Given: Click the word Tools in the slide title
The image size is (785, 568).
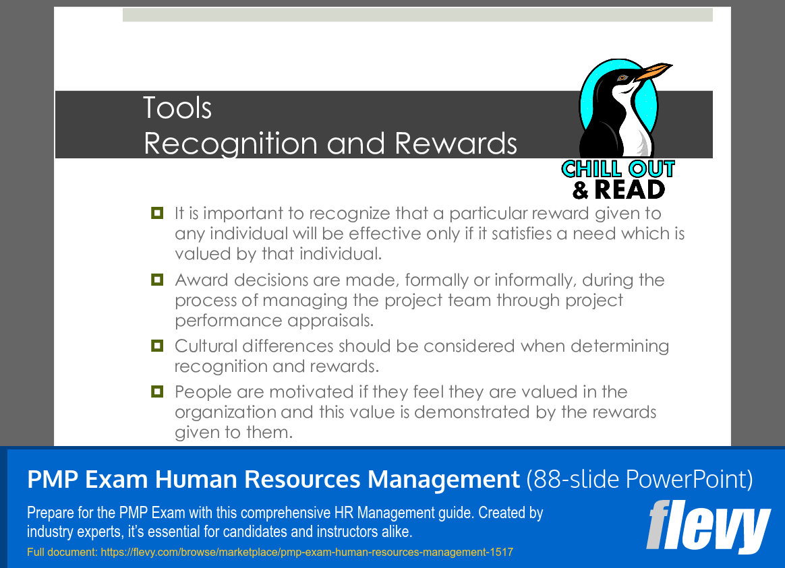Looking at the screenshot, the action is click(x=177, y=108).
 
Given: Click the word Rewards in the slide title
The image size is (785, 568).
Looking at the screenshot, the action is click(x=456, y=144).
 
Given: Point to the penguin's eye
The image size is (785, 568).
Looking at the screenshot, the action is click(x=622, y=77).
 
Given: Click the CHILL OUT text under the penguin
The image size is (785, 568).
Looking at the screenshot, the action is click(x=618, y=169).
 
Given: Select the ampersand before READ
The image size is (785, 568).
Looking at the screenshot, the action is click(x=581, y=190).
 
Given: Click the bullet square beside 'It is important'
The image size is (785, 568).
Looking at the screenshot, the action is click(x=157, y=213).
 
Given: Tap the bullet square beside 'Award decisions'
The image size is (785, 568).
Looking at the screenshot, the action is click(x=157, y=280).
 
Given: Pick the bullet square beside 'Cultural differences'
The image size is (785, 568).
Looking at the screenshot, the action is click(x=157, y=346).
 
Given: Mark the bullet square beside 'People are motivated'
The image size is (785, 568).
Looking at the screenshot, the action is click(x=157, y=391).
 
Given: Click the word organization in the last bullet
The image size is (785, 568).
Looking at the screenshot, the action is click(x=226, y=412).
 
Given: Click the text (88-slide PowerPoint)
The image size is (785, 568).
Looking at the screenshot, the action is click(x=639, y=479).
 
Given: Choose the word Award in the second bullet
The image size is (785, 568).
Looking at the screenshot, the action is click(x=201, y=280).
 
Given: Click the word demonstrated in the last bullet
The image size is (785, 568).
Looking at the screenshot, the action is click(x=472, y=412).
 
